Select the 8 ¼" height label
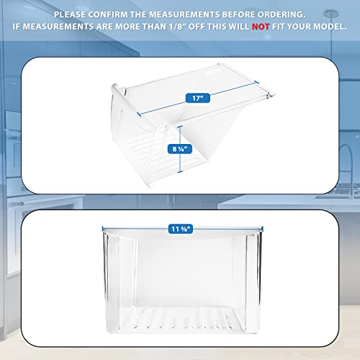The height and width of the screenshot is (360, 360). coord(181,149)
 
